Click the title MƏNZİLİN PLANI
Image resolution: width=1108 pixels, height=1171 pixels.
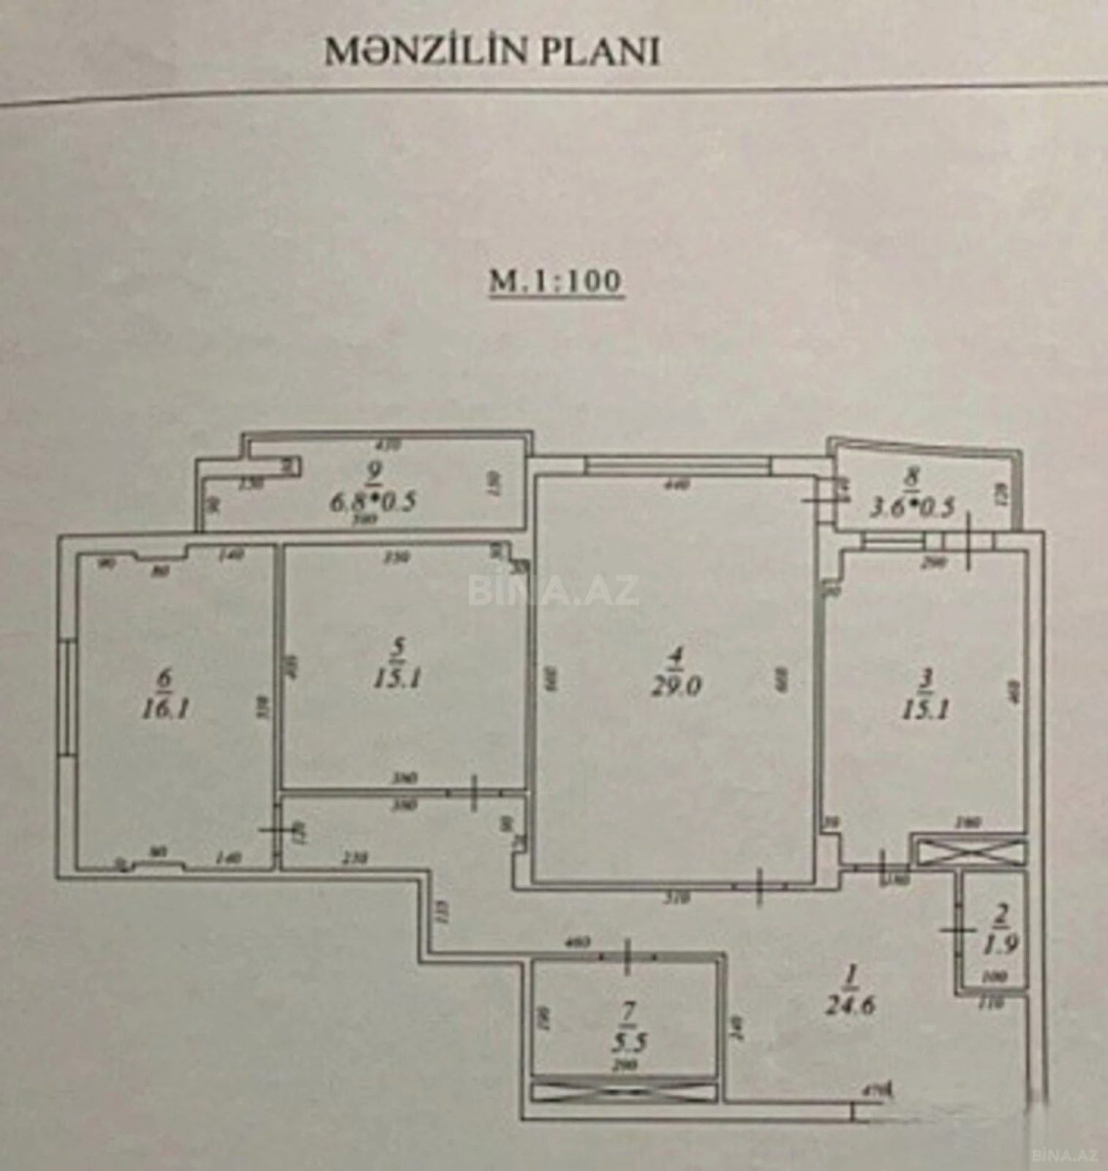[x=492, y=52]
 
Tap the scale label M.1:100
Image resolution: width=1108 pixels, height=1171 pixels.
[x=555, y=280]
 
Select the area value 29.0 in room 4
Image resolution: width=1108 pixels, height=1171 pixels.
[x=677, y=686]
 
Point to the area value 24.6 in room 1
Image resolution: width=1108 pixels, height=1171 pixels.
[x=851, y=1004]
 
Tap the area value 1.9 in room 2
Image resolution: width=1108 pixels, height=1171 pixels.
[x=1001, y=944]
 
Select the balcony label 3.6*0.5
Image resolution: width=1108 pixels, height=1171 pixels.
[x=911, y=507]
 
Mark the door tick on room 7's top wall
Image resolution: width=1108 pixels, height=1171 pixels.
[x=628, y=957]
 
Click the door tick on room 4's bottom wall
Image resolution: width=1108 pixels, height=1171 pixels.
[x=760, y=886]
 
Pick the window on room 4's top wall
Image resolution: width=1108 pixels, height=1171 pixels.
[x=677, y=464]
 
